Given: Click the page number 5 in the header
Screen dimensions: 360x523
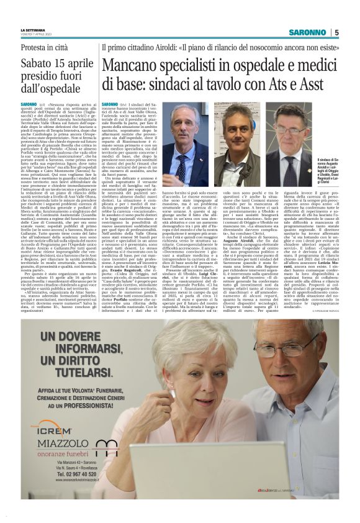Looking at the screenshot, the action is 337,32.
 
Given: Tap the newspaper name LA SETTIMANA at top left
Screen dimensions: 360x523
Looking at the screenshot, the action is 34,30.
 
